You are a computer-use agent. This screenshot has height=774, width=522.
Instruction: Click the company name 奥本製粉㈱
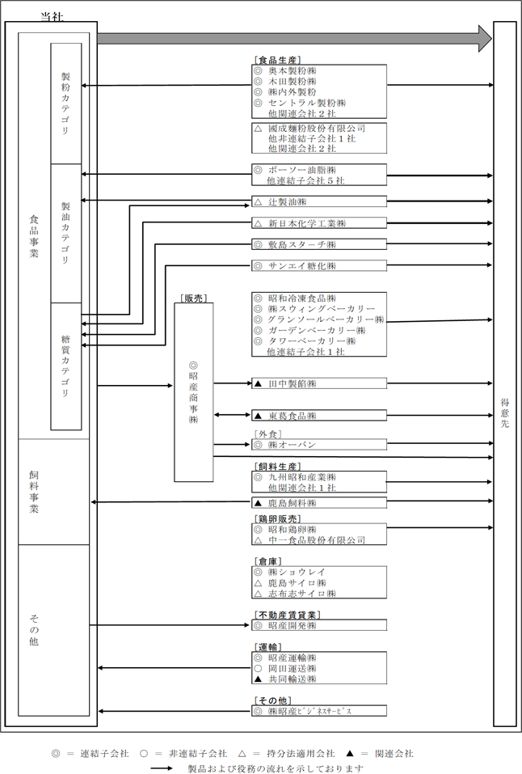tap(292, 70)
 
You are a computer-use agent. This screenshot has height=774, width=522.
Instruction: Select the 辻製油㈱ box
tap(318, 202)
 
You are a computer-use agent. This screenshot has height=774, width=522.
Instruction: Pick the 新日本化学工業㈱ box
tap(318, 223)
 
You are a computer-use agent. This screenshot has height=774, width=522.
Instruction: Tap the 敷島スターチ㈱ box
tap(318, 244)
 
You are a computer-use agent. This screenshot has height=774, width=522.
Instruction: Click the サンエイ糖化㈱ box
tap(318, 265)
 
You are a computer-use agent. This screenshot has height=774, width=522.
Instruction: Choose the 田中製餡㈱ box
tap(318, 383)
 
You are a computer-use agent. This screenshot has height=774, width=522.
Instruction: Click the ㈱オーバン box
tap(318, 444)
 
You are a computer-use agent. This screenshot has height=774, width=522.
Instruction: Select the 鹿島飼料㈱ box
tap(318, 503)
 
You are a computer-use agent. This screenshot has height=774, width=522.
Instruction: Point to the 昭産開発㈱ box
tap(318, 625)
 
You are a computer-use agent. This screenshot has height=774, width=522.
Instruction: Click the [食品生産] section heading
tap(278, 60)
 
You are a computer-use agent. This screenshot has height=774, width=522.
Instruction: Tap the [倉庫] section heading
tap(268, 562)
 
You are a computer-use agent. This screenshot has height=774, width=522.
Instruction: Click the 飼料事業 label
tap(34, 492)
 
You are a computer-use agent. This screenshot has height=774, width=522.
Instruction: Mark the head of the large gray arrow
tap(491, 38)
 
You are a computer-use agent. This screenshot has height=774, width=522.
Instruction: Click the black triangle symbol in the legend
tap(349, 754)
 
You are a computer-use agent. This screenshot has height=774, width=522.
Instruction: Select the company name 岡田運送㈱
tap(292, 668)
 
